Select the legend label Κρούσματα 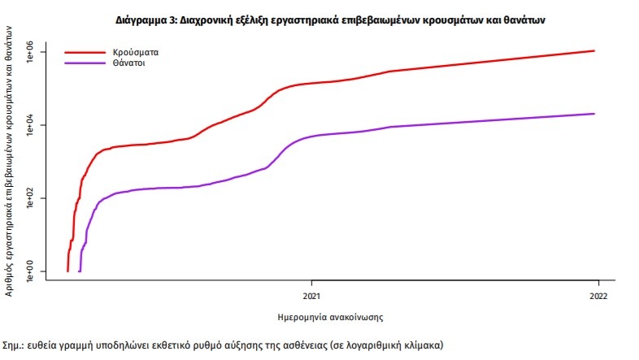(x=135, y=51)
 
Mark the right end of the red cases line (x=595, y=51)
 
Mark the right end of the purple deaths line (x=595, y=114)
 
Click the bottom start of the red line (x=67, y=270)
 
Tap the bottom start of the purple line (x=79, y=270)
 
